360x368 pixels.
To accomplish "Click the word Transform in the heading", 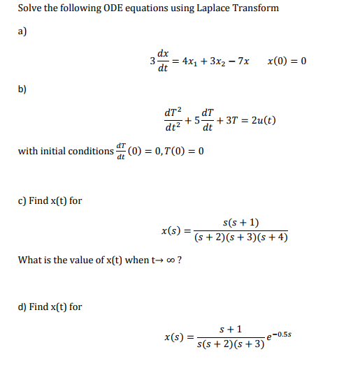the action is (250, 8).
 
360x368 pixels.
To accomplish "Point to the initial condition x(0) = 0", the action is (287, 61).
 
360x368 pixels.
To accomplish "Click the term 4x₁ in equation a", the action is (189, 61).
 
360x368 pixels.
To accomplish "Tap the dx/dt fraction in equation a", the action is (162, 61).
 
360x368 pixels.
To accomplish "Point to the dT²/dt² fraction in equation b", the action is (171, 119).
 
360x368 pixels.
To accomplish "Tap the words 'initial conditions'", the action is (78, 152).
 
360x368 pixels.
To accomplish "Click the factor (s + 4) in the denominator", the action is (273, 237).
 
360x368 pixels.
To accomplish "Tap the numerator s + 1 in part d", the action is (231, 329).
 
